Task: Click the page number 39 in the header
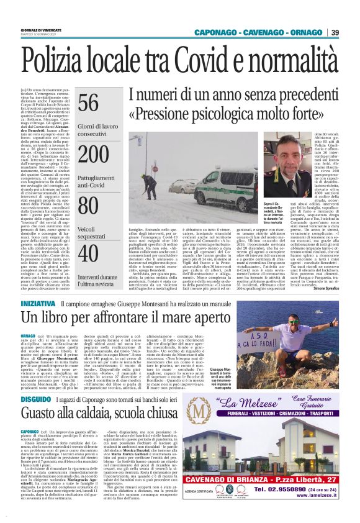(x=335, y=32)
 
